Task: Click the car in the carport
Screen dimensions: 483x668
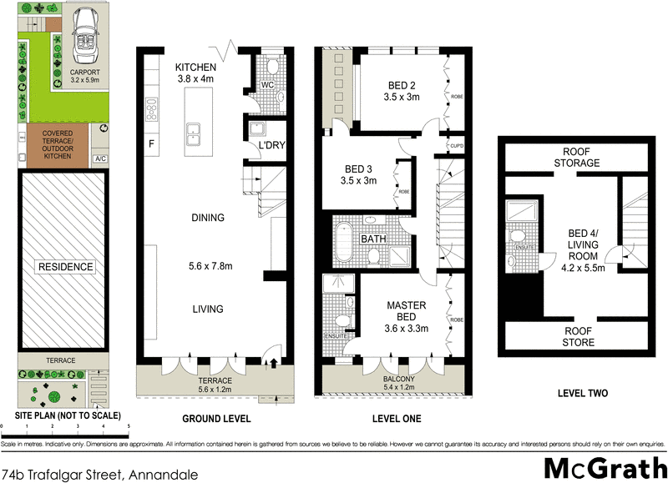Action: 84,38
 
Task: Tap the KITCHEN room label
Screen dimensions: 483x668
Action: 195,68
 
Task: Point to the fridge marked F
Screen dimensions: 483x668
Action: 151,143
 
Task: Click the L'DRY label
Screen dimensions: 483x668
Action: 272,145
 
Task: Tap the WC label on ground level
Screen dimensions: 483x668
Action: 267,85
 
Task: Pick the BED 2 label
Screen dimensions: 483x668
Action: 402,84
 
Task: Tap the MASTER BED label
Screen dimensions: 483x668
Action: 407,311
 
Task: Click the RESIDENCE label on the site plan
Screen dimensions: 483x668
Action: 64,268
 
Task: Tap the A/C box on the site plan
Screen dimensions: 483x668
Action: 101,158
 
